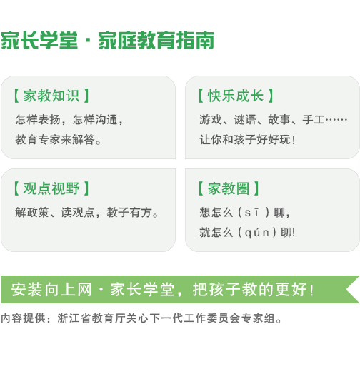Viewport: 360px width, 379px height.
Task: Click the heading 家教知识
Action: pos(51,96)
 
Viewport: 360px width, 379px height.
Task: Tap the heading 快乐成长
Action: pos(236,96)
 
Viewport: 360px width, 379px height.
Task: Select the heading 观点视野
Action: pos(51,188)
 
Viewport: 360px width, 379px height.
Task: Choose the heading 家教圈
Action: pos(229,188)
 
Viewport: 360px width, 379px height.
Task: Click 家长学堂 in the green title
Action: pos(39,41)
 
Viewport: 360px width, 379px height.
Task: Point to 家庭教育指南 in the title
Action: pos(156,41)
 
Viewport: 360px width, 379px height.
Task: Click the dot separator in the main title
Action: pos(88,41)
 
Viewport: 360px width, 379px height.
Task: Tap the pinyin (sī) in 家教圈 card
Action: pos(254,213)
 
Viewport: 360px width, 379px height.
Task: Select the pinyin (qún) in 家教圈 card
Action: pos(257,233)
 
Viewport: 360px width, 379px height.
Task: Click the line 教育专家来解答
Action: pos(58,139)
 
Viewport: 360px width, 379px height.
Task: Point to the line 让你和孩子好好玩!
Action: pos(247,140)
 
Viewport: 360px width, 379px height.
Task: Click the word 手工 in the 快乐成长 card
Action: pos(314,120)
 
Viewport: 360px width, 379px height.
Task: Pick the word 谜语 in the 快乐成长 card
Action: pos(245,120)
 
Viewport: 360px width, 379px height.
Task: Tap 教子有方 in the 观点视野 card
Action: pos(129,213)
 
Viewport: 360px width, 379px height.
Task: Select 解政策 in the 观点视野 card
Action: pos(32,213)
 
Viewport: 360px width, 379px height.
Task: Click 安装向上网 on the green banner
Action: pos(51,289)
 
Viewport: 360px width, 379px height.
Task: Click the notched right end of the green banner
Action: pos(346,289)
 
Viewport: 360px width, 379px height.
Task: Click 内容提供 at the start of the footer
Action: pos(23,318)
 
